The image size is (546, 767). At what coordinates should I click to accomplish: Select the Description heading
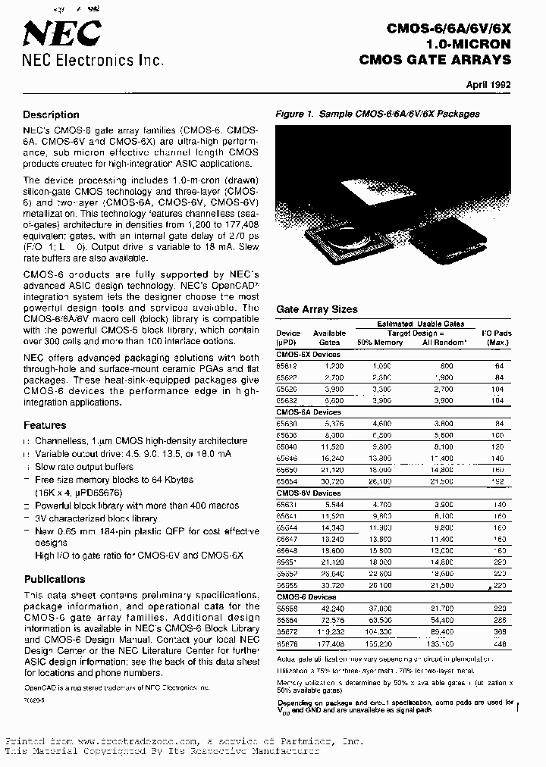pos(51,115)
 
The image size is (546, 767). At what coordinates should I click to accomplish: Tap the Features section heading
pos(45,425)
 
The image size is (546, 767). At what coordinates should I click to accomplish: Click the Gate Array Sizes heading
pos(316,310)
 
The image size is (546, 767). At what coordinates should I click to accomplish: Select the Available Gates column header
pos(329,337)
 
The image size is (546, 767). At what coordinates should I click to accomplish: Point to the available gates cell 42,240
pos(331,609)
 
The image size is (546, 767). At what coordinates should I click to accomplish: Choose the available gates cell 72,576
pos(331,620)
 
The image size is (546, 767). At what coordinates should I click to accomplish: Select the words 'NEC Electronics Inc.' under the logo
pos(93,61)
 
